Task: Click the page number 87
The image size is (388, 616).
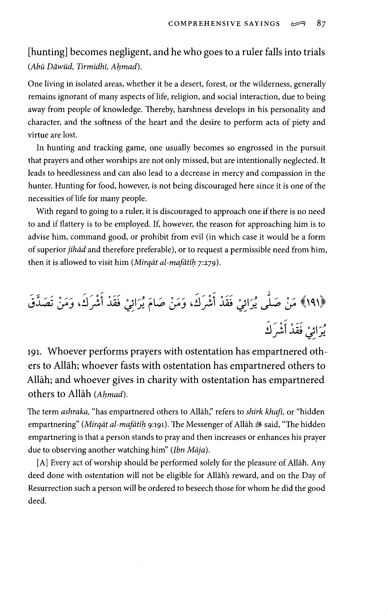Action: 321,24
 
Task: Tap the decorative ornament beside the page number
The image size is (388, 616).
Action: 298,24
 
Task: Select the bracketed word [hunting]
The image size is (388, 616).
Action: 48,52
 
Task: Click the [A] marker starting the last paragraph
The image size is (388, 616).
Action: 42,463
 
